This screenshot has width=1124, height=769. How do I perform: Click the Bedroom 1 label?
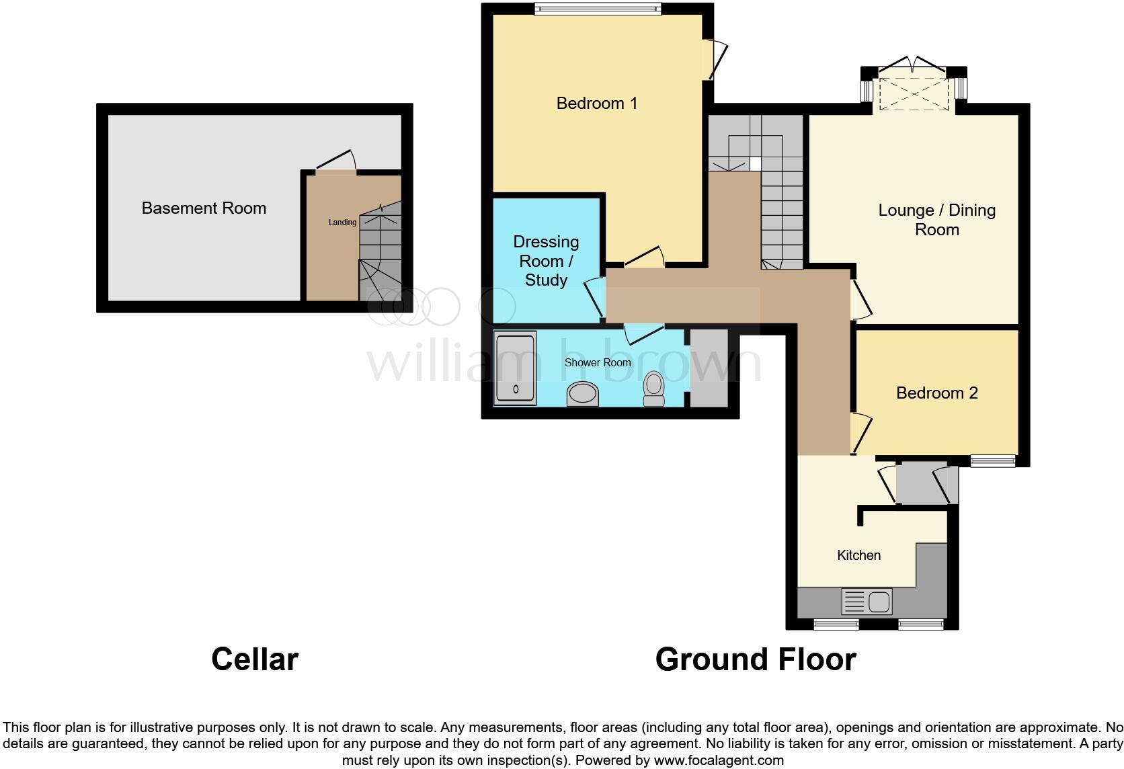tap(596, 103)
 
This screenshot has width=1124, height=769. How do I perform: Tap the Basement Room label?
tap(204, 208)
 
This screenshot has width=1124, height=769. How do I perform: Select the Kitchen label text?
tap(858, 555)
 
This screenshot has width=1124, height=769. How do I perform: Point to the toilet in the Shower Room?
tap(653, 388)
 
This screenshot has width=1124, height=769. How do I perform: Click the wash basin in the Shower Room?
tap(583, 394)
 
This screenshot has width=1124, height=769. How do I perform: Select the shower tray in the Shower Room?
tap(515, 367)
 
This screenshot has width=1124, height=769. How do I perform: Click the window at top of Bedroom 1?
tap(598, 8)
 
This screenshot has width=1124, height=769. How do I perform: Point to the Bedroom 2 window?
tap(992, 460)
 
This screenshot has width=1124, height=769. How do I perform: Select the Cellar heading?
tap(254, 659)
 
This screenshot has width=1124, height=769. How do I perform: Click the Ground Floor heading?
tap(755, 659)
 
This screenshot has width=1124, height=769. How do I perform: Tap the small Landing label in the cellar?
tap(342, 222)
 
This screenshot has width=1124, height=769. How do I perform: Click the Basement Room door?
tap(336, 163)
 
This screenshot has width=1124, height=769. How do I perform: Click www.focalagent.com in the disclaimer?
tap(718, 760)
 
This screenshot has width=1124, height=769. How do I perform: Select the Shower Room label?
tap(597, 362)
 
